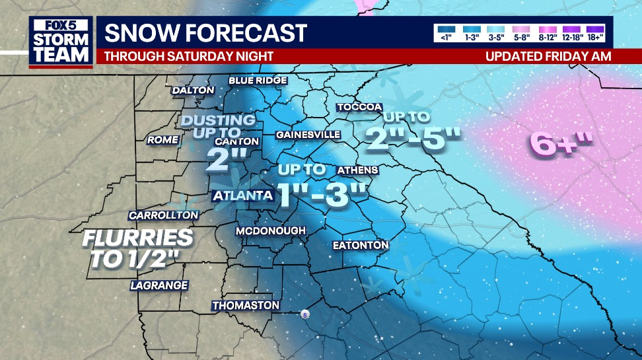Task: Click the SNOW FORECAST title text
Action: coord(205,33)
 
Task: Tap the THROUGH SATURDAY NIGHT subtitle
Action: coord(189,56)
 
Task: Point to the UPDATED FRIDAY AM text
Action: coord(548,56)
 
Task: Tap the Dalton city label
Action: coord(193,90)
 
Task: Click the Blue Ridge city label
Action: coord(258,81)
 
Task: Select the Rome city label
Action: coord(162,140)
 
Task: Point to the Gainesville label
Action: coord(308,135)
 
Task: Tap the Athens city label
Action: coord(357,170)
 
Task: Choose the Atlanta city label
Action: coord(242,196)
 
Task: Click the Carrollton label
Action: coord(163,215)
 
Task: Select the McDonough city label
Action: coord(271,231)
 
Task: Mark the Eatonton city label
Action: coord(360,245)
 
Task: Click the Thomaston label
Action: coord(246,306)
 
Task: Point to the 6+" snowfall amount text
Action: coord(561,143)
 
